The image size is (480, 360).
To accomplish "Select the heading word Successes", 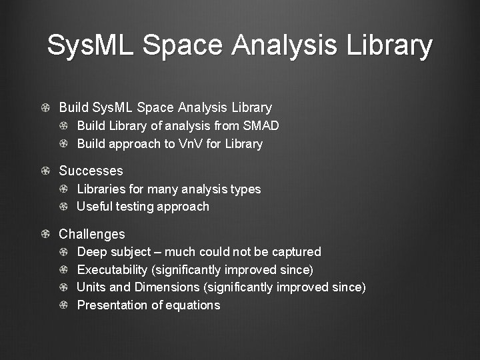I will tap(91, 171).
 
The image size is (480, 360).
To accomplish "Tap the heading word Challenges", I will tap(92, 234).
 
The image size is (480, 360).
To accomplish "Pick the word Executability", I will tap(112, 269).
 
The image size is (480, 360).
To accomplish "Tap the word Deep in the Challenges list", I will tap(91, 251).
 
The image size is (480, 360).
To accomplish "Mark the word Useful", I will tap(94, 206).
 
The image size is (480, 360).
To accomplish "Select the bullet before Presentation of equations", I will tap(63, 305).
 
